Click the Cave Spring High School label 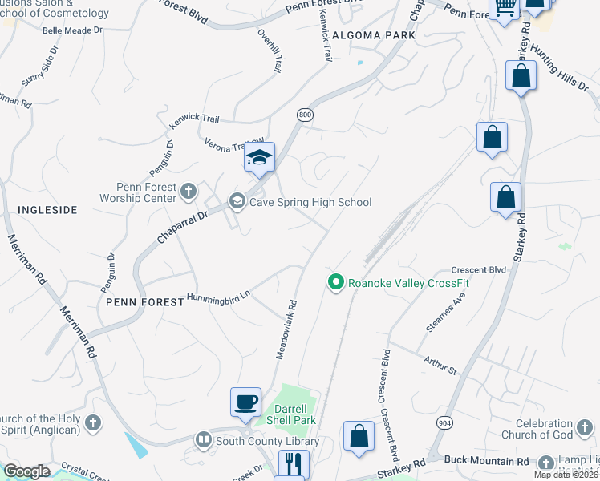coord(310,202)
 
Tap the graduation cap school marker coord(259,157)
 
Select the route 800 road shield coord(304,115)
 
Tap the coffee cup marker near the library coord(245,402)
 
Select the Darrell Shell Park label coord(290,414)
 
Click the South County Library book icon coord(204,440)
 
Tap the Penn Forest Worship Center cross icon coord(188,191)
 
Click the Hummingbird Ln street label coord(218,296)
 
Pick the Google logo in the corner coord(26,471)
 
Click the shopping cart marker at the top coord(505,9)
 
